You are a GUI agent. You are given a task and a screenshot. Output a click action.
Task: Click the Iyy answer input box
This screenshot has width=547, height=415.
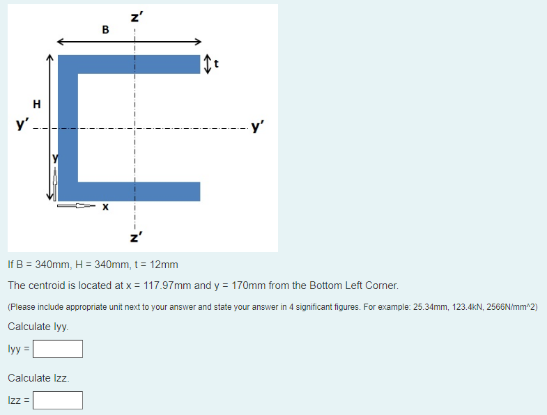(58, 348)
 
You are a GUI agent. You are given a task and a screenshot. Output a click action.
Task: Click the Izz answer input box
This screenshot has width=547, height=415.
(58, 400)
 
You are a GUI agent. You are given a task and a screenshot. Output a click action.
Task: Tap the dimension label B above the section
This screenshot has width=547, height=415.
(105, 29)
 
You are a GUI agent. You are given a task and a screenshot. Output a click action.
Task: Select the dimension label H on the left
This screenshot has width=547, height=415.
(37, 104)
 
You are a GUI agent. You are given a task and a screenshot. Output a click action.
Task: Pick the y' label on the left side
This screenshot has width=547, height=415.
(23, 126)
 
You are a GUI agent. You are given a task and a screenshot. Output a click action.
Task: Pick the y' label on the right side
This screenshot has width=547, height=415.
(259, 127)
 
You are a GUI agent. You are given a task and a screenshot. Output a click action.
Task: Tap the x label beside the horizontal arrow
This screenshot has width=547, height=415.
(105, 206)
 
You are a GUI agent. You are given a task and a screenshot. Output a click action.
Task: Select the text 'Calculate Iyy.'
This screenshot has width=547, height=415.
(38, 327)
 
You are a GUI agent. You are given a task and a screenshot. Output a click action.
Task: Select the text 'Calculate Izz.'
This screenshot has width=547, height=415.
(38, 378)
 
